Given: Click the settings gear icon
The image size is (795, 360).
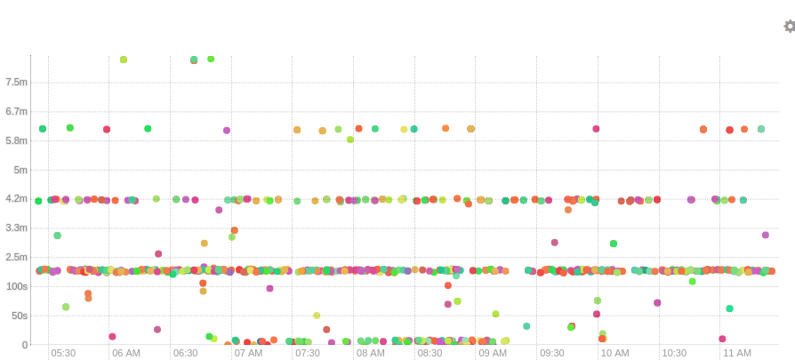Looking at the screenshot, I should point(789,27).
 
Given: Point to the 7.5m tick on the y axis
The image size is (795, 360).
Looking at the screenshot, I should point(16,82).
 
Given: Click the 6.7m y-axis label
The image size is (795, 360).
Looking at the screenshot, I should point(16,111).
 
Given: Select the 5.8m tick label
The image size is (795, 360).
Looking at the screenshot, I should point(16,140).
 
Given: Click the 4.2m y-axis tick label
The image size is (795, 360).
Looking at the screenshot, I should point(16,199).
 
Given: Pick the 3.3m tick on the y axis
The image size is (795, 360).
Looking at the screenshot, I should point(16,228).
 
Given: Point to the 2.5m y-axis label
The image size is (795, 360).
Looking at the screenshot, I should point(16,258).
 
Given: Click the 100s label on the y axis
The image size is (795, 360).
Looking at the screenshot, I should point(16,287).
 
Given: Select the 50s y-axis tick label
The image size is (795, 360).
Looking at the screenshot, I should point(18,316).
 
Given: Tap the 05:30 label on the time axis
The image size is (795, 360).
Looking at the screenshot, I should point(63,353).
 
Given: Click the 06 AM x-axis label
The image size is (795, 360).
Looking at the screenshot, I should point(125,353).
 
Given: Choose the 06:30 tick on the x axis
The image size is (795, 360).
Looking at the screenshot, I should point(185,353).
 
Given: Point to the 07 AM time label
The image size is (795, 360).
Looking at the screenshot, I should point(248,353).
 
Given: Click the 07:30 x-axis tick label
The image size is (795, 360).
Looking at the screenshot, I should point(308,353).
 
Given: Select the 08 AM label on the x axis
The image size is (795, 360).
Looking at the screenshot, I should point(370,353).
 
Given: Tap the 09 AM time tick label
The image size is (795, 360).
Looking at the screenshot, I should point(492,353).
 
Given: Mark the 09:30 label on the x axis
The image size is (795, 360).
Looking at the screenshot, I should point(552,353).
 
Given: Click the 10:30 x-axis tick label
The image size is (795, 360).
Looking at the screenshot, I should point(674,353).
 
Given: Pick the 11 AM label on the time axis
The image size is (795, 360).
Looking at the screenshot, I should point(736,353).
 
